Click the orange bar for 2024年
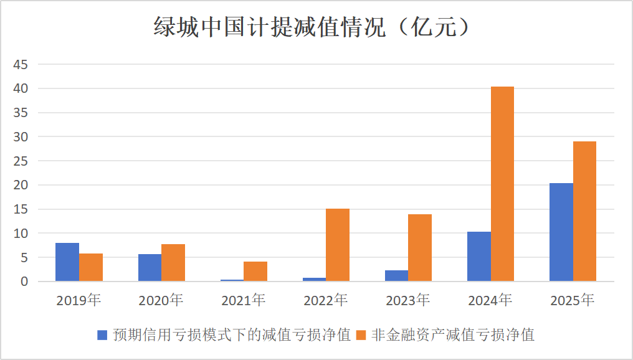click(502, 184)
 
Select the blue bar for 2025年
click(561, 232)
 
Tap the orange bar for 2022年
click(338, 245)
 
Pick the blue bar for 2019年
click(67, 262)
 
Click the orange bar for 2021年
click(255, 272)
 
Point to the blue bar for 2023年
click(396, 276)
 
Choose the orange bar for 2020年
click(173, 263)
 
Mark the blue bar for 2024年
click(478, 257)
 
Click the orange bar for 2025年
click(584, 211)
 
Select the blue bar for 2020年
click(150, 268)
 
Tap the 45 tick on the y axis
click(21, 64)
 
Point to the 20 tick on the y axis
click(21, 185)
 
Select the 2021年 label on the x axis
click(244, 300)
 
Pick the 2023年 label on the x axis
click(408, 300)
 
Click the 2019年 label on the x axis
click(79, 300)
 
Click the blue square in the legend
click(103, 335)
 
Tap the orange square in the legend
click(361, 335)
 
